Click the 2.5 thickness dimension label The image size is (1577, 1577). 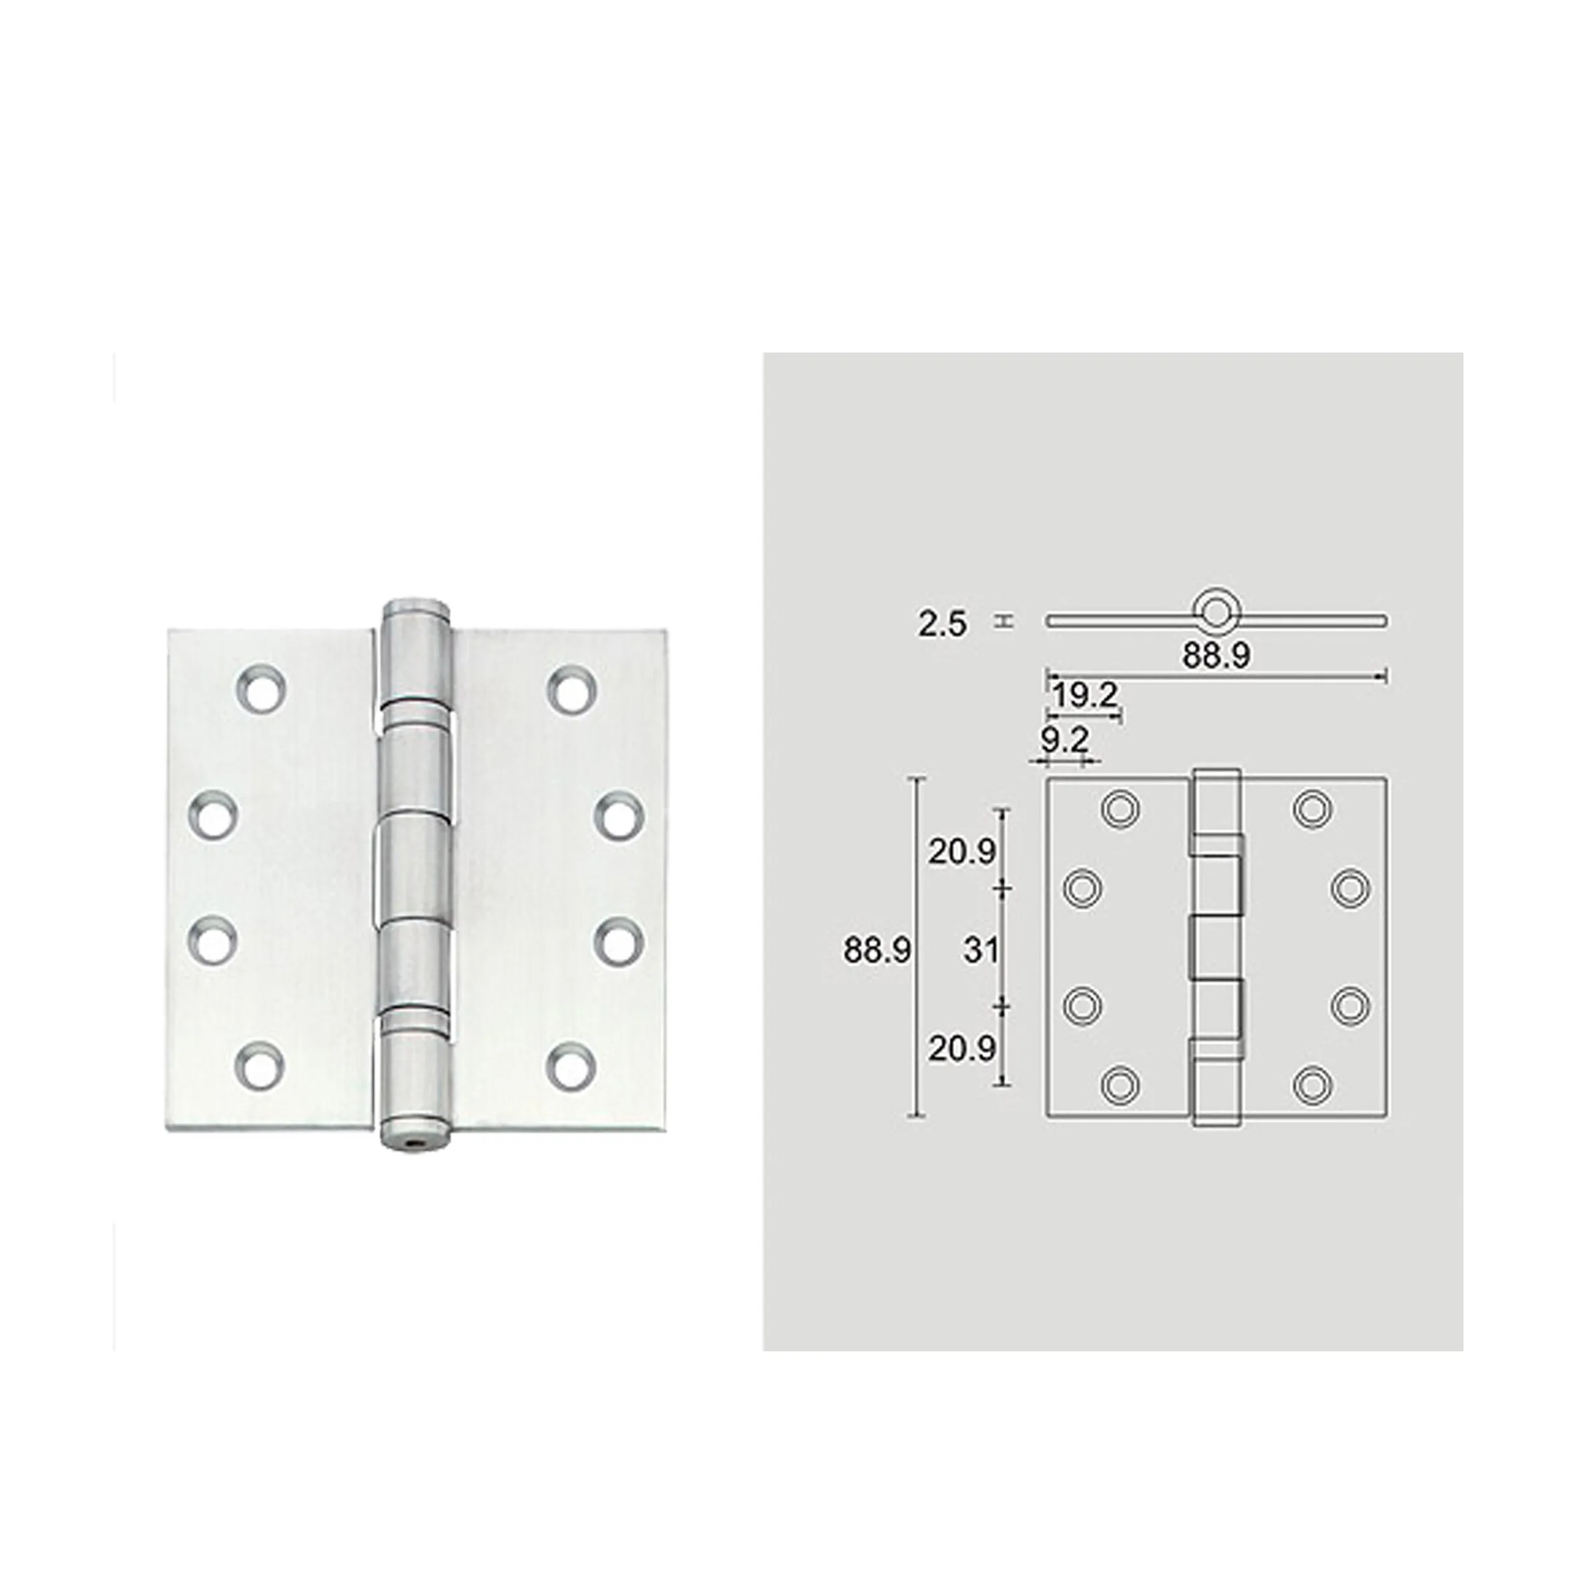pyautogui.click(x=942, y=625)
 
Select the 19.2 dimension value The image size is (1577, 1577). pyautogui.click(x=1084, y=696)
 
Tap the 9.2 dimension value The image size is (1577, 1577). pyautogui.click(x=1064, y=740)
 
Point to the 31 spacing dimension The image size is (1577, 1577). pyautogui.click(x=980, y=950)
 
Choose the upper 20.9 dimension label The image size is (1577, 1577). pyautogui.click(x=961, y=852)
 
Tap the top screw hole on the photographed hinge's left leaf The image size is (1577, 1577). pyautogui.click(x=261, y=690)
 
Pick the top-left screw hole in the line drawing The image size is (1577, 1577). pyautogui.click(x=1121, y=808)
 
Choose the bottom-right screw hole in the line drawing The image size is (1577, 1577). pyautogui.click(x=1313, y=1085)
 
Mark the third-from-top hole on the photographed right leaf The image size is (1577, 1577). pyautogui.click(x=619, y=941)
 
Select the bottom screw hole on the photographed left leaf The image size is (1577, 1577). pyautogui.click(x=260, y=1067)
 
